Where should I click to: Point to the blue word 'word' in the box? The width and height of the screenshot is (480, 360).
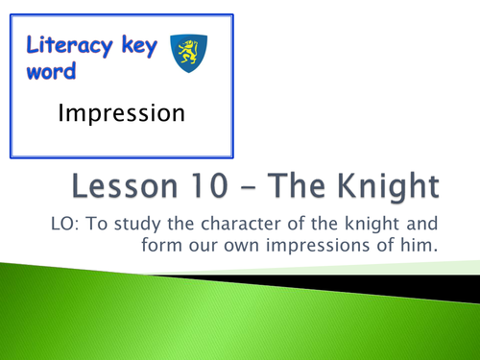[48, 73]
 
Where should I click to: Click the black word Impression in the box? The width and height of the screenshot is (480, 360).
[121, 114]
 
